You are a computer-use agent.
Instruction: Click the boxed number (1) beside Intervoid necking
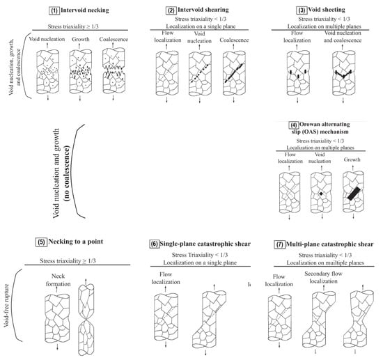pos(54,10)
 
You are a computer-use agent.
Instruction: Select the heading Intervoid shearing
pos(203,10)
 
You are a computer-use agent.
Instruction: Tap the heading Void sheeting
pos(327,10)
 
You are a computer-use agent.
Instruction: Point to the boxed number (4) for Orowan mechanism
pos(294,125)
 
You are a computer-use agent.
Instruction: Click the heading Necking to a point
pos(76,242)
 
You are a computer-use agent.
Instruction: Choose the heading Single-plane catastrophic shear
pos(205,244)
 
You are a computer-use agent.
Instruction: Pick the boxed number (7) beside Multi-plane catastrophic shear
pos(279,244)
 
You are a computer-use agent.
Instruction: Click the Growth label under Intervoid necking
pos(81,39)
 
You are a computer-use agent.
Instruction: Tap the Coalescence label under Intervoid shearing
pos(234,40)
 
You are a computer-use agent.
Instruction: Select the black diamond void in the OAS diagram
pos(321,194)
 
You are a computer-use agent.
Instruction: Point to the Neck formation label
pos(58,280)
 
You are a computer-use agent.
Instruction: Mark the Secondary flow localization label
pos(323,277)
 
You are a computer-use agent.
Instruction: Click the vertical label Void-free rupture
pos(6,306)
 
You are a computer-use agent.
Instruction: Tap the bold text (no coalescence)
pos(67,173)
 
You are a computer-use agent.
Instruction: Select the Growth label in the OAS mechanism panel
pos(352,159)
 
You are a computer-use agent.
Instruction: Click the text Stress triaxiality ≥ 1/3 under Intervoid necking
pos(73,26)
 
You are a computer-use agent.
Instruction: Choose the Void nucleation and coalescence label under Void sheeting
pos(343,37)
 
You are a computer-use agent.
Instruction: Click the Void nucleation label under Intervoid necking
pos(47,39)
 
